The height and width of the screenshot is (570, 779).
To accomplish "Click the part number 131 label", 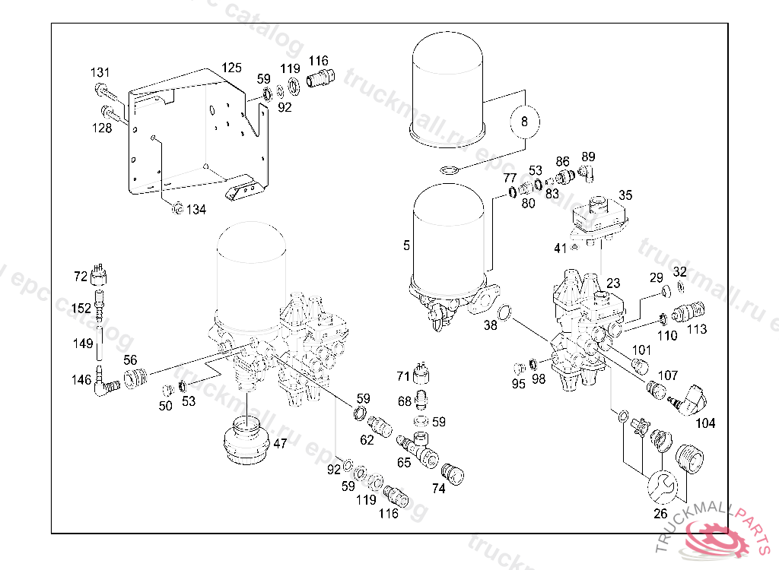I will (100, 72).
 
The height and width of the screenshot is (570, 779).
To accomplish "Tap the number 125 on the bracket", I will (232, 68).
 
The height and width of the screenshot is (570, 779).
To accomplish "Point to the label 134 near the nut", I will (196, 210).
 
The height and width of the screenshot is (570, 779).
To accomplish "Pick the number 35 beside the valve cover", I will (625, 195).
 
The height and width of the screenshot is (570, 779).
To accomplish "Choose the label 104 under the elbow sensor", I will (705, 423).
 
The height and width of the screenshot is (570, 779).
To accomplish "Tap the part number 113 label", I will (696, 329).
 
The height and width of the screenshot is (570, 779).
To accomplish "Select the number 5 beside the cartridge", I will (406, 245).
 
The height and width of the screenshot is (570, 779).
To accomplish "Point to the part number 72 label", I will (81, 277).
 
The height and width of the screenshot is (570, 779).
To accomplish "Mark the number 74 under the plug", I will (438, 489).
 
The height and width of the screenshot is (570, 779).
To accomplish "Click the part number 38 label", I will (491, 325).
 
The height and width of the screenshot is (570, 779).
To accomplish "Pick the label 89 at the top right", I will (588, 157).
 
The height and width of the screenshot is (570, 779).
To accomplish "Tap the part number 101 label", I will (642, 350).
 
